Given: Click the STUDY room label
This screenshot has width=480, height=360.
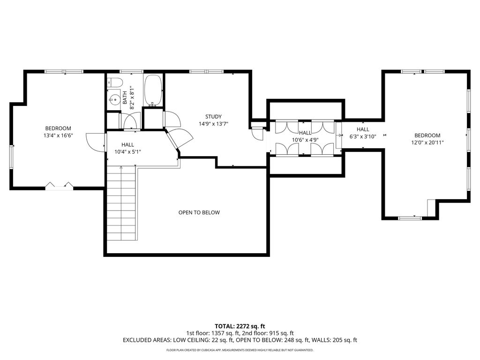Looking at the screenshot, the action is pyautogui.click(x=213, y=117).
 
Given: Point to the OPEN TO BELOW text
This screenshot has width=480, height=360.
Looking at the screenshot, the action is pyautogui.click(x=199, y=212).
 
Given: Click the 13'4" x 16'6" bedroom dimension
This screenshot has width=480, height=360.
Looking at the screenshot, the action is pyautogui.click(x=58, y=135).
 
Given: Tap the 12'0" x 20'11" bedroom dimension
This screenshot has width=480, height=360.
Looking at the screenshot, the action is pyautogui.click(x=427, y=142).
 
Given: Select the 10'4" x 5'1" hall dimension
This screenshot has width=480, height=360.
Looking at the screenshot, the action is pyautogui.click(x=127, y=151).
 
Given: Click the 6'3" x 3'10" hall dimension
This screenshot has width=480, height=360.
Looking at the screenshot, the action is pyautogui.click(x=363, y=136).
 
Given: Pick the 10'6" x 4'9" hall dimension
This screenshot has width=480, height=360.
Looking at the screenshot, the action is pyautogui.click(x=305, y=140).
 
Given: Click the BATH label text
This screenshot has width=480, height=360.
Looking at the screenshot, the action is pyautogui.click(x=125, y=97).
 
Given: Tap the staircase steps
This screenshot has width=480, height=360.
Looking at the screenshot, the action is pyautogui.click(x=121, y=203).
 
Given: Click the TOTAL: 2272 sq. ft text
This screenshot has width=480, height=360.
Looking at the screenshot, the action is pyautogui.click(x=240, y=326).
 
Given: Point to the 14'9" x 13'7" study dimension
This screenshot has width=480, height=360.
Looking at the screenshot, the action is pyautogui.click(x=213, y=124).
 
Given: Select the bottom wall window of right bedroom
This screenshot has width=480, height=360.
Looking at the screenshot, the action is pyautogui.click(x=410, y=218).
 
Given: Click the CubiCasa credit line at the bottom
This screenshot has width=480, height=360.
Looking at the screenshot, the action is pyautogui.click(x=240, y=350).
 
